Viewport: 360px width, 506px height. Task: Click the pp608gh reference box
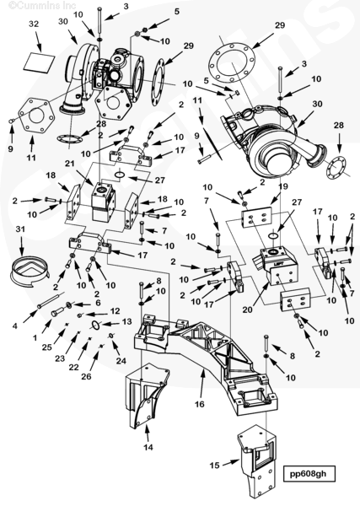click(x=308, y=474)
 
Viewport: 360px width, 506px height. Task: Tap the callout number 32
click(x=34, y=24)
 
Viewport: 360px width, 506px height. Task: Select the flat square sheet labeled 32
click(x=39, y=62)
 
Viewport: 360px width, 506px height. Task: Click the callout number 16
click(x=200, y=404)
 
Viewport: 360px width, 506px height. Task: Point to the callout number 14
click(x=148, y=447)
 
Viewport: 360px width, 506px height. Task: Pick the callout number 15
click(x=214, y=465)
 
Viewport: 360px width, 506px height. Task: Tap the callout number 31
click(x=20, y=229)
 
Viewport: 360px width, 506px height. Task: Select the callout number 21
click(x=70, y=164)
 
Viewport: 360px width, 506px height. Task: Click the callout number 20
click(x=249, y=310)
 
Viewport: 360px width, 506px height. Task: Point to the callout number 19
click(x=283, y=186)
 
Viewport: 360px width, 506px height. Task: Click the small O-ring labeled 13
click(x=95, y=326)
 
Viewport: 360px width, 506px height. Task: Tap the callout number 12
click(x=116, y=311)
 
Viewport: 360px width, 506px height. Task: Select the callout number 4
click(x=15, y=326)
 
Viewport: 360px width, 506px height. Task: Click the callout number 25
click(x=46, y=347)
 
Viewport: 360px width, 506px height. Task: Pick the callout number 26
click(x=86, y=376)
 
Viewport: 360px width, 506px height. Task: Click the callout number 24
click(x=121, y=360)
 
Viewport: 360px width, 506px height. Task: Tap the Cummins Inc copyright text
click(x=42, y=6)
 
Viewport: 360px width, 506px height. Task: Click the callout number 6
click(x=98, y=303)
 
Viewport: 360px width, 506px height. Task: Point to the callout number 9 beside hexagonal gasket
click(x=11, y=149)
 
